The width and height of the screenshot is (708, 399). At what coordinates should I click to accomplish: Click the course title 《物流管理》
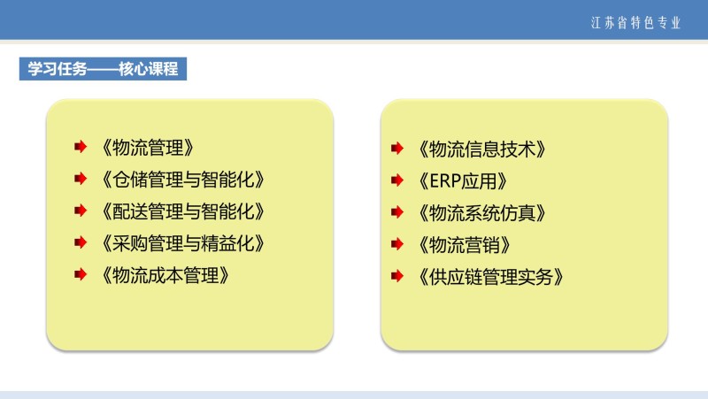(x=148, y=148)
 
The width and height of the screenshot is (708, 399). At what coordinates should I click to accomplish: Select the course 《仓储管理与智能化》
(x=183, y=180)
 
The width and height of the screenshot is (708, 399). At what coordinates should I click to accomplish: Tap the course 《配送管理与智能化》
(x=183, y=211)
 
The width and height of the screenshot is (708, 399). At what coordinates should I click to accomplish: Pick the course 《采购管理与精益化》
(x=183, y=243)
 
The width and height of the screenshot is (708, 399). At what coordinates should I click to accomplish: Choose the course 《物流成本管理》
(x=165, y=275)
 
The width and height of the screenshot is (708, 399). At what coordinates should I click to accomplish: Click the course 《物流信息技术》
(x=482, y=149)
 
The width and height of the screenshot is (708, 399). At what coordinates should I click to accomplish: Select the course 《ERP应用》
(x=463, y=181)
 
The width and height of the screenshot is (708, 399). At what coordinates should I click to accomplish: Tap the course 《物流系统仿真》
(x=482, y=213)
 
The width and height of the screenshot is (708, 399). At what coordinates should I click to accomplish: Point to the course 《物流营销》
(x=465, y=245)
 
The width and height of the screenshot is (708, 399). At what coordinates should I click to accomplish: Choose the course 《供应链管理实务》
(x=491, y=277)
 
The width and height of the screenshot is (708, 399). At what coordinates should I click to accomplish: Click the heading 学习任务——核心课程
(x=103, y=69)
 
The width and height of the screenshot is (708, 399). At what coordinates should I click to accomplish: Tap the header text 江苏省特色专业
(x=635, y=23)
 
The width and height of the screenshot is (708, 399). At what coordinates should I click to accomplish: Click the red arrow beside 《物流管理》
(x=81, y=147)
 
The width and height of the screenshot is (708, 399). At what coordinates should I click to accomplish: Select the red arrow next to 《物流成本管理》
(x=81, y=274)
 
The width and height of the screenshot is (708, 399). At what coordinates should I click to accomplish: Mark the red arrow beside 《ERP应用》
(x=397, y=180)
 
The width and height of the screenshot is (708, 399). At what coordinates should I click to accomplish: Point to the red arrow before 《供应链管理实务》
(x=397, y=276)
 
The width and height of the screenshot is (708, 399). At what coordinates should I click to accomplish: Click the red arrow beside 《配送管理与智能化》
(x=81, y=211)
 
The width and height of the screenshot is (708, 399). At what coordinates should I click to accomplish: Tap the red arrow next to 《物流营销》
(x=397, y=244)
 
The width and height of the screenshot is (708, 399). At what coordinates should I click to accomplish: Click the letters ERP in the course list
(x=445, y=181)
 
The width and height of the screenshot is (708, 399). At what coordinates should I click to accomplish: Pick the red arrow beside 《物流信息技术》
(x=397, y=148)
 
